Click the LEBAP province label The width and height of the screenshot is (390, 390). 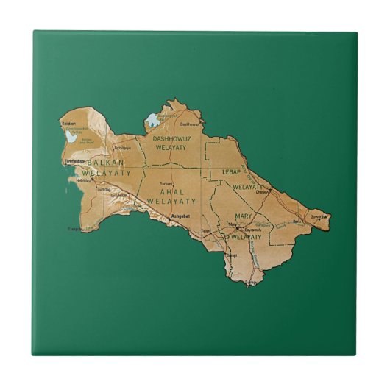(x=232, y=171)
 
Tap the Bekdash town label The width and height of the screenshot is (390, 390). (x=69, y=122)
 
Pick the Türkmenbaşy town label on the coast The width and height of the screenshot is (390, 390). (x=76, y=160)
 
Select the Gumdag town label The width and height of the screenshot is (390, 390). (x=102, y=189)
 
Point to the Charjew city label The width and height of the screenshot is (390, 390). (x=262, y=192)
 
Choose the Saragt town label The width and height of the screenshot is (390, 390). (x=231, y=255)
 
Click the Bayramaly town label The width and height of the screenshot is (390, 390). (x=252, y=229)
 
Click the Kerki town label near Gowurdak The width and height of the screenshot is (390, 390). (x=297, y=221)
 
